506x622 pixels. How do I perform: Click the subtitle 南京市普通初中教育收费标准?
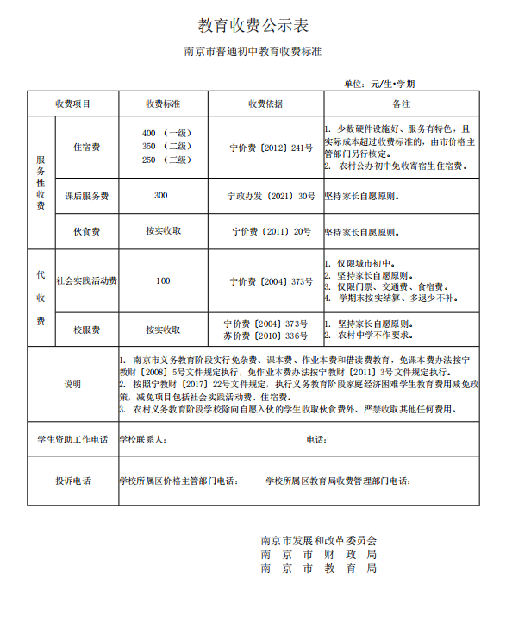(x=253, y=52)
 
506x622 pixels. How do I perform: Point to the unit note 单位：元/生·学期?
(x=379, y=84)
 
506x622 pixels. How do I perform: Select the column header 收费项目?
(x=73, y=104)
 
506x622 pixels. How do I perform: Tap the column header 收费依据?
(x=265, y=104)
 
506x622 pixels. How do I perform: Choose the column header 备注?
(x=401, y=104)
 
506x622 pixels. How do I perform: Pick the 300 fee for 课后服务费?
(x=161, y=196)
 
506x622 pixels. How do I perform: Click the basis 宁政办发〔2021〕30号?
(x=271, y=197)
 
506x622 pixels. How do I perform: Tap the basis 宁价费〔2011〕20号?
(x=272, y=231)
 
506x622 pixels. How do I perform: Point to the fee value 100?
(x=163, y=280)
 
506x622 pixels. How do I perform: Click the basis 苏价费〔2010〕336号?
(x=265, y=336)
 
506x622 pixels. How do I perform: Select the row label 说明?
(x=72, y=384)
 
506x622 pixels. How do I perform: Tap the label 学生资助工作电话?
(x=72, y=439)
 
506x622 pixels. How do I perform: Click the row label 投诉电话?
(x=72, y=481)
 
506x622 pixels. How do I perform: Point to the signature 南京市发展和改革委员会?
(x=319, y=540)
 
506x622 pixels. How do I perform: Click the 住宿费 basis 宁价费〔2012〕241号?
(x=272, y=148)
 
